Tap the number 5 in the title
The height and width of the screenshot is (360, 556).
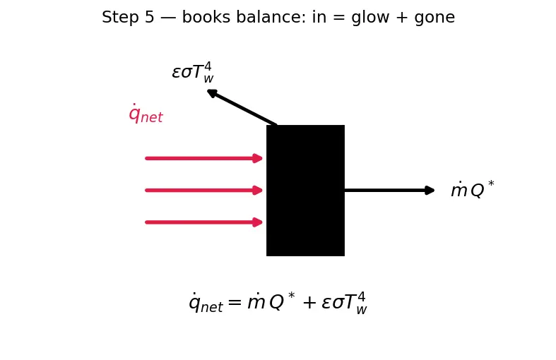coord(150,18)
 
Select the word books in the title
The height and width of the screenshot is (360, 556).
coord(206,17)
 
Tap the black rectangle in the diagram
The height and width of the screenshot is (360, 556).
coord(305,191)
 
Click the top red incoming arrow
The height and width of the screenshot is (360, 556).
coord(204,158)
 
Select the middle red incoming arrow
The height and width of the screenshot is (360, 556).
coord(204,191)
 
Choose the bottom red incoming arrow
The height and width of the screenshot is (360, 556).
coord(204,222)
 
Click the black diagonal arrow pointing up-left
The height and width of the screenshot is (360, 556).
coord(242,107)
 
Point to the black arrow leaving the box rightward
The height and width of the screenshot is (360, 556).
coord(389,191)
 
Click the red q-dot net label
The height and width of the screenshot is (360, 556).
coord(146,114)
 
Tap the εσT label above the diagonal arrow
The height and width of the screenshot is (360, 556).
coord(193,72)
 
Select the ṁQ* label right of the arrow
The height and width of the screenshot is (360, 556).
coord(473,190)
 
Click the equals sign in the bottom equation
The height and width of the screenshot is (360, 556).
coord(235,302)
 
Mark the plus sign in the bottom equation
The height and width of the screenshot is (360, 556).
coord(309,303)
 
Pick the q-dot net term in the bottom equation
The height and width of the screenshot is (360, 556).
coord(206,303)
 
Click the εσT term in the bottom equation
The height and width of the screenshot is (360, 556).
coord(344,303)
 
